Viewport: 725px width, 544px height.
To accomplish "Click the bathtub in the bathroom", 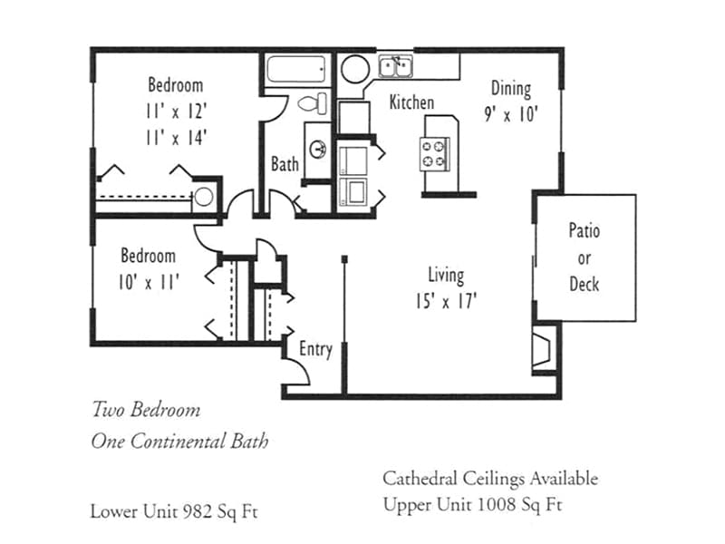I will point(297,69).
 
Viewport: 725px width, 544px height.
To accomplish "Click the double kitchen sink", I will point(395,65).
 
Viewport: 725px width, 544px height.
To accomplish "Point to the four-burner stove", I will point(434,154).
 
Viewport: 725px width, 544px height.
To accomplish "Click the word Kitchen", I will point(411,102).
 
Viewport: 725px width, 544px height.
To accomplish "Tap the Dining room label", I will point(511,88).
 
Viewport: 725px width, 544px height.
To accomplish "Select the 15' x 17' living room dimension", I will point(446,301).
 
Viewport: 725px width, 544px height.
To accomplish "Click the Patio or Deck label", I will point(585,257).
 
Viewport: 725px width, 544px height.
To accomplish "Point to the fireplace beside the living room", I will point(544,347).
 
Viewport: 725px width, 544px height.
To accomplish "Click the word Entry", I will point(315,349).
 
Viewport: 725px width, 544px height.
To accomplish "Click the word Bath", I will point(285,164).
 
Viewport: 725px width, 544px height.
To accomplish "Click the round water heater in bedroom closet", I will point(205,196).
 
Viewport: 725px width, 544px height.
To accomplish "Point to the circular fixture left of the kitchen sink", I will point(354,69).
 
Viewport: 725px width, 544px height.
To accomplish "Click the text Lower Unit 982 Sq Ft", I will point(173,510).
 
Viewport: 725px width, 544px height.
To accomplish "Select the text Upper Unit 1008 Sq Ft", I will point(471,504).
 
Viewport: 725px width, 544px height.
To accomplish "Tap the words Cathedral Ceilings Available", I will point(490,478).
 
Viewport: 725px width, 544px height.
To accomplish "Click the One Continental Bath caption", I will point(179,442).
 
